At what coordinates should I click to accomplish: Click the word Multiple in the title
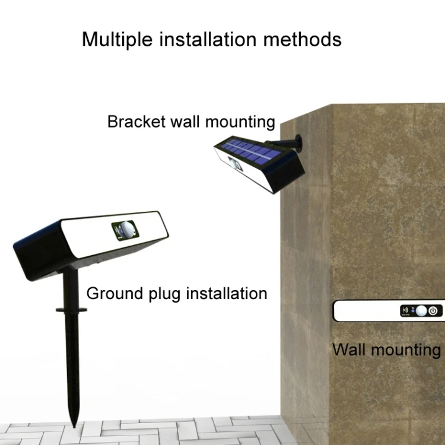pyautogui.click(x=112, y=39)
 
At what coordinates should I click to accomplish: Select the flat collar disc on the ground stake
pyautogui.click(x=71, y=309)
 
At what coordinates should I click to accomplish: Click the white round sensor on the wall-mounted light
pyautogui.click(x=421, y=310)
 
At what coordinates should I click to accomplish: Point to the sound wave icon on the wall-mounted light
pyautogui.click(x=406, y=310)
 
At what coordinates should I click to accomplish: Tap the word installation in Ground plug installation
pyautogui.click(x=226, y=293)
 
